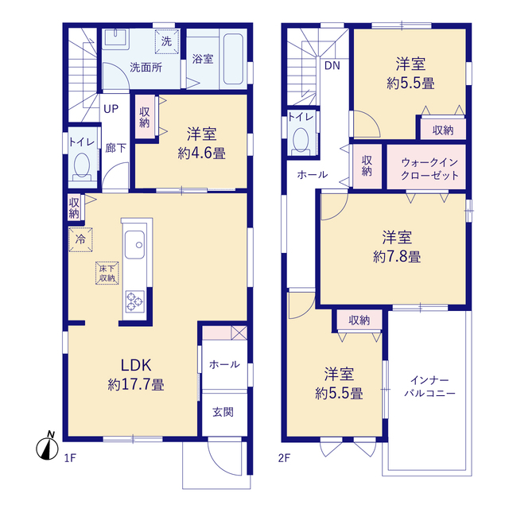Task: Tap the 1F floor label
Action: pos(70,458)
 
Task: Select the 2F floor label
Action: pos(284,458)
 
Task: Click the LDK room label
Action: pos(136,366)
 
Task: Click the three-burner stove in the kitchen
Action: pos(134,301)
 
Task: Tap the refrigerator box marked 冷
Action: pos(80,239)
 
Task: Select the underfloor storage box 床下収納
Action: pos(107,273)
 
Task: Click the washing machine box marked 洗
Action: pos(166,41)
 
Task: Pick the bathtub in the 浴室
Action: pos(233,59)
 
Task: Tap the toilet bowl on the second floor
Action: pos(301,140)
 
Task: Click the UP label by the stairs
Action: pos(111,109)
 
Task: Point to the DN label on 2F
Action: pos(332,66)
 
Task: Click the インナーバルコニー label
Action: pos(429,387)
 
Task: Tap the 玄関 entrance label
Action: pos(223,412)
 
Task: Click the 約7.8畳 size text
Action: pos(397,257)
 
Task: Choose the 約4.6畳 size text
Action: pos(201,153)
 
